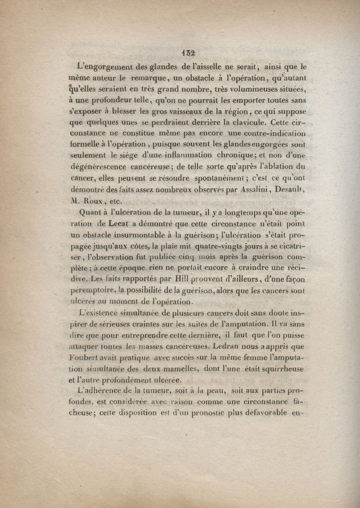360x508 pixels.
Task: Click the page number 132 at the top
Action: [188, 53]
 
